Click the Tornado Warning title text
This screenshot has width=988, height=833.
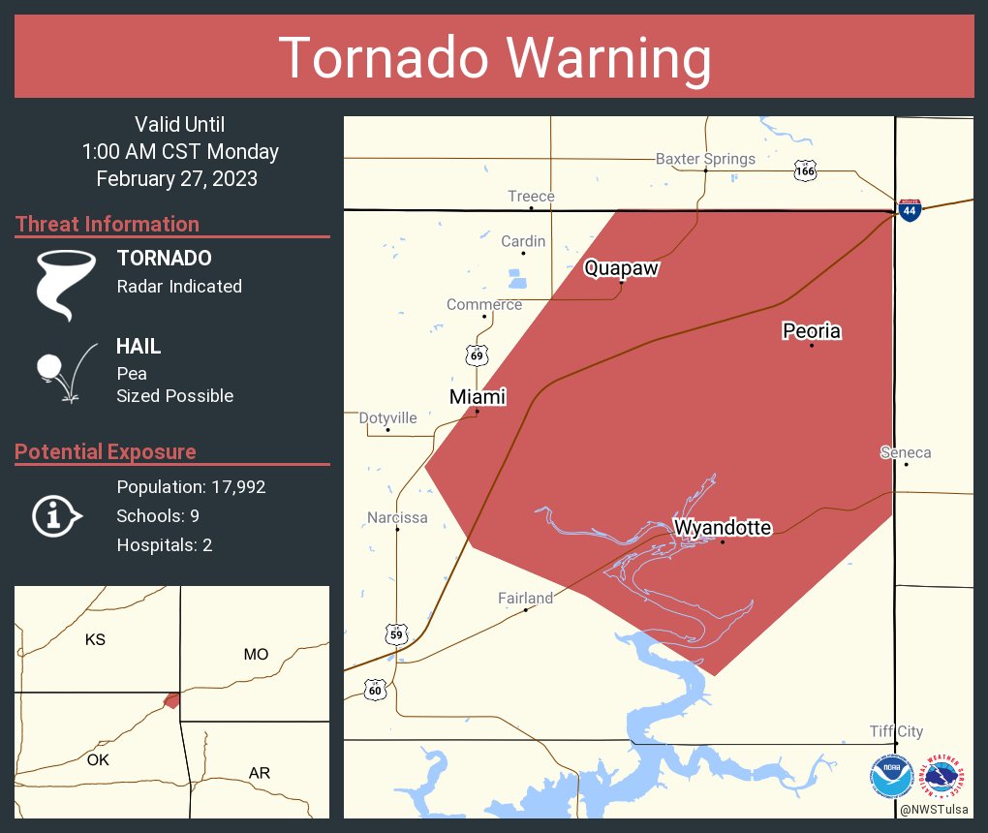494,58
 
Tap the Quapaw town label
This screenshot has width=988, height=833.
621,268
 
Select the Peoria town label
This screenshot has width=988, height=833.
812,331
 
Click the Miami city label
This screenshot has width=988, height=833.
478,397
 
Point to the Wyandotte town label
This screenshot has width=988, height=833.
723,528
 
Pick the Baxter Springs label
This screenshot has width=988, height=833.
705,159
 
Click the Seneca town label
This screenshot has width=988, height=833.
906,452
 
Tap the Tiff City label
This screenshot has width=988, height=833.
896,731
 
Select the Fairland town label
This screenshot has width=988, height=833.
525,598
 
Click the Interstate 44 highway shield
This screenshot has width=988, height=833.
910,209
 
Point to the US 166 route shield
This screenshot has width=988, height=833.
804,170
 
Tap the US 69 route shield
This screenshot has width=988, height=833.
476,355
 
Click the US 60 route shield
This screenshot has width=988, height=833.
376,690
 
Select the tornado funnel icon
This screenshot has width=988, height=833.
66,284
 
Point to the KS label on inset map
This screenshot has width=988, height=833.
95,639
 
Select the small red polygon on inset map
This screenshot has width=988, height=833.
171,699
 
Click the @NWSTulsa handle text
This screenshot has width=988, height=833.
935,809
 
